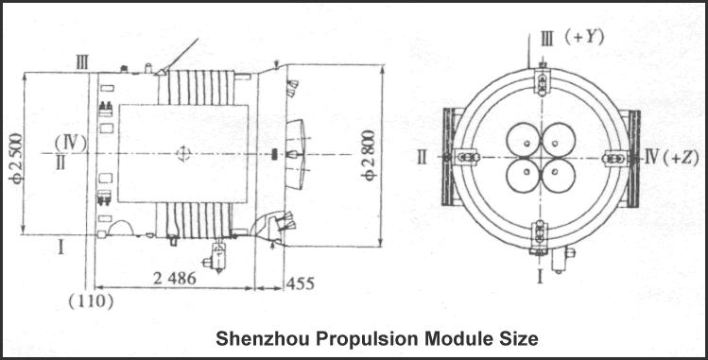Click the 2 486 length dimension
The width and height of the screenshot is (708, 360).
175,279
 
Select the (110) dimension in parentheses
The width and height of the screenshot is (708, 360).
91,301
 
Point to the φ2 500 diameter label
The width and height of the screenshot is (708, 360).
17,158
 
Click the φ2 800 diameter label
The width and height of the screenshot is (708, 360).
369,156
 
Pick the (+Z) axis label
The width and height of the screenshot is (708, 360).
682,158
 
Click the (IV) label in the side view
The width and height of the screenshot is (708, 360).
71,143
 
